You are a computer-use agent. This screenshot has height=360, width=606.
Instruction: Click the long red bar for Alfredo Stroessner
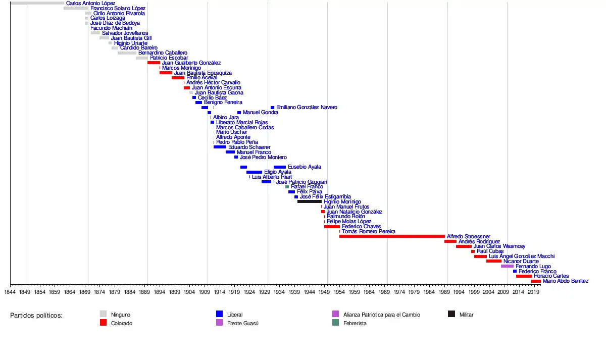pyautogui.click(x=392, y=236)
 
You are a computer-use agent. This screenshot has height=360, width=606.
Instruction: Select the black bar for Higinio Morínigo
pyautogui.click(x=309, y=201)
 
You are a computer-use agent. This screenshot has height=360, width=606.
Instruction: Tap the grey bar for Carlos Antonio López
pyautogui.click(x=37, y=3)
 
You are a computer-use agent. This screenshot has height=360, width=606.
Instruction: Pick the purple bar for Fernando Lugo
pyautogui.click(x=507, y=266)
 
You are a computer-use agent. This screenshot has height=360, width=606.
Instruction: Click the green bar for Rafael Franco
pyautogui.click(x=287, y=187)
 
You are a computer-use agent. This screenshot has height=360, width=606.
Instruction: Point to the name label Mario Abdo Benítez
pyautogui.click(x=565, y=281)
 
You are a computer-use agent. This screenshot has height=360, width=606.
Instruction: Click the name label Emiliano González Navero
pyautogui.click(x=307, y=108)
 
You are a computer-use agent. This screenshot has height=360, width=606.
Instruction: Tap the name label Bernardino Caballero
pyautogui.click(x=163, y=53)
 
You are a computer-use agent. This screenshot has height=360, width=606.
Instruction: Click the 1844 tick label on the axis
pyautogui.click(x=10, y=292)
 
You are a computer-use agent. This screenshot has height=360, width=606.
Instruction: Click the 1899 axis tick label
pyautogui.click(x=175, y=292)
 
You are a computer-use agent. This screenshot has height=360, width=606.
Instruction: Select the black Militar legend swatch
pyautogui.click(x=451, y=314)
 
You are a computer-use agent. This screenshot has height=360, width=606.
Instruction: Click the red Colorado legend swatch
pyautogui.click(x=104, y=323)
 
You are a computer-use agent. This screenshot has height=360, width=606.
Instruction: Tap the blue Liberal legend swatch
pyautogui.click(x=219, y=314)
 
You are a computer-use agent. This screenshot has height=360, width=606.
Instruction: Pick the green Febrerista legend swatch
pyautogui.click(x=335, y=323)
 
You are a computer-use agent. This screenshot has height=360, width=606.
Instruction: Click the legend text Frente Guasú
pyautogui.click(x=242, y=323)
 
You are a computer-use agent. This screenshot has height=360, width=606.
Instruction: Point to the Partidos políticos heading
pyautogui.click(x=36, y=315)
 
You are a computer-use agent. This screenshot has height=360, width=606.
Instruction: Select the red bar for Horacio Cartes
pyautogui.click(x=524, y=276)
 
